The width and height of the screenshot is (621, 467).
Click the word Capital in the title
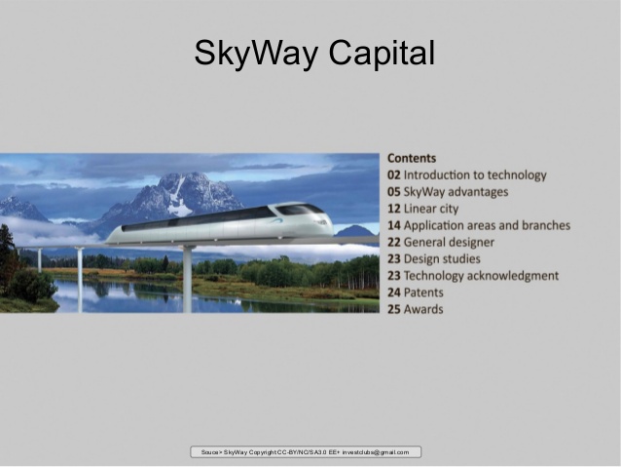tap(382, 54)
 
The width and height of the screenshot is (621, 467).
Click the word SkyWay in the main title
tap(256, 54)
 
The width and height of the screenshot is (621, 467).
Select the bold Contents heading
tap(412, 158)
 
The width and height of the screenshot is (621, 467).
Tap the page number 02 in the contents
tap(394, 175)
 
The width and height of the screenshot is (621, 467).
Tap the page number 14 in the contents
tap(394, 225)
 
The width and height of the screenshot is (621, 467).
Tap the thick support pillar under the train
tap(187, 279)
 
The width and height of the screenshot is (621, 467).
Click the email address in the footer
tap(376, 452)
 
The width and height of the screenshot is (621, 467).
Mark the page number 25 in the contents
tap(394, 309)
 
